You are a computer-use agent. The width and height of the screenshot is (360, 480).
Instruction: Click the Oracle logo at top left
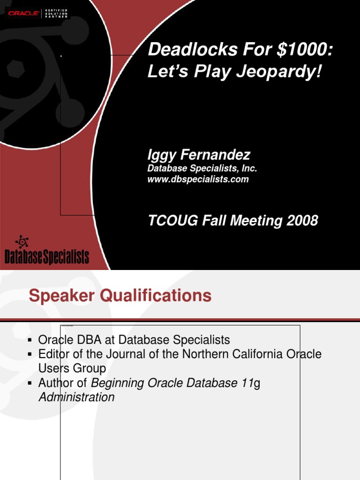23,13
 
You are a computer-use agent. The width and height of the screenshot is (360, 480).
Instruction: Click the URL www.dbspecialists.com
198,179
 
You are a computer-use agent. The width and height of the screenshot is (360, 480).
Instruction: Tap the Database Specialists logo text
46,257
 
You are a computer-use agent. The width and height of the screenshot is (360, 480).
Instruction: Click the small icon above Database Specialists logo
22,241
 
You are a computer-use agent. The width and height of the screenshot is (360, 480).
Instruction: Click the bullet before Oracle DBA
30,340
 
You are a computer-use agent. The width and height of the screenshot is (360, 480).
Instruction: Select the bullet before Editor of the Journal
30,354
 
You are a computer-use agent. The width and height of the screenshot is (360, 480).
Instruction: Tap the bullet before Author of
30,383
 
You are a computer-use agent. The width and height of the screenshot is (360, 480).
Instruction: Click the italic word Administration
76,397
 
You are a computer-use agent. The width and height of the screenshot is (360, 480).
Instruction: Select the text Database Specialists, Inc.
202,168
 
